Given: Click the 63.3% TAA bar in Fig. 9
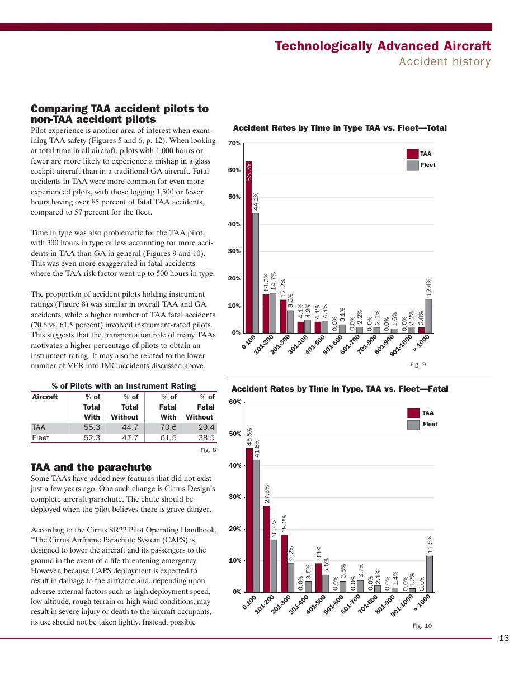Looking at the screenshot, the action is [x=248, y=247].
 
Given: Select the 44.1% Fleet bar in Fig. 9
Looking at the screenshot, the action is [x=256, y=273].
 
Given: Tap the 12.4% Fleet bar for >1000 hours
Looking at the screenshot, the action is [x=428, y=316].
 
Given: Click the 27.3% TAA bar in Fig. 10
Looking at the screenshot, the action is [x=267, y=549].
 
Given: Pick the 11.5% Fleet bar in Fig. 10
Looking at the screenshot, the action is [x=429, y=574].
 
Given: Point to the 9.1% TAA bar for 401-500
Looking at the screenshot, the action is [x=319, y=578].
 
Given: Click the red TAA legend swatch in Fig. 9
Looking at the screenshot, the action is [x=412, y=154].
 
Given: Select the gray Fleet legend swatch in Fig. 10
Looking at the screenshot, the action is [x=413, y=425].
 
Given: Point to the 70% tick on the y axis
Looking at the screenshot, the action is [x=234, y=144].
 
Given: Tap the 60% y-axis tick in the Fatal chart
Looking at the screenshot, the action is [x=235, y=402].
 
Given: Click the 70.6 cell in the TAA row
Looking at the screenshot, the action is [x=168, y=427].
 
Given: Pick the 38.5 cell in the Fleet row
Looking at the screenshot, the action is [x=206, y=437].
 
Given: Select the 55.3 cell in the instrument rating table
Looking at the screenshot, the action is [x=92, y=427].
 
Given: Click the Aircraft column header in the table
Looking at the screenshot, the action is [x=45, y=397].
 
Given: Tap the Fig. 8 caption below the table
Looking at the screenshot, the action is [x=208, y=450].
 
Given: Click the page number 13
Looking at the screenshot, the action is [x=503, y=638].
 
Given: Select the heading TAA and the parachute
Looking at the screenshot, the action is [x=91, y=467].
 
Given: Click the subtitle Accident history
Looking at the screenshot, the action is [x=445, y=61].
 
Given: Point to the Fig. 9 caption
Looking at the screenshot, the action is [x=418, y=364].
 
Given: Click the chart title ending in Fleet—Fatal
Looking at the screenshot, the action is [x=340, y=389].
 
